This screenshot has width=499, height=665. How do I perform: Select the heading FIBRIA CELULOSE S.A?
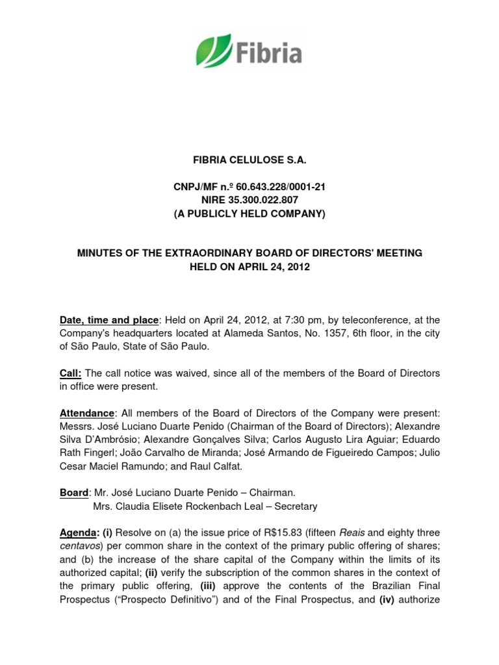pyautogui.click(x=249, y=160)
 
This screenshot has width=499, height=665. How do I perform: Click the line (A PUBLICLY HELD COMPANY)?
pyautogui.click(x=249, y=213)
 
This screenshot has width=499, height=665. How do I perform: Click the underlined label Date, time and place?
pyautogui.click(x=109, y=320)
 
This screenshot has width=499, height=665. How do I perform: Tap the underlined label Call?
pyautogui.click(x=71, y=373)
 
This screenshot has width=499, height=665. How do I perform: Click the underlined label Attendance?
pyautogui.click(x=88, y=413)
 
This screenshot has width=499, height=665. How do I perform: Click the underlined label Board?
pyautogui.click(x=73, y=493)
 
